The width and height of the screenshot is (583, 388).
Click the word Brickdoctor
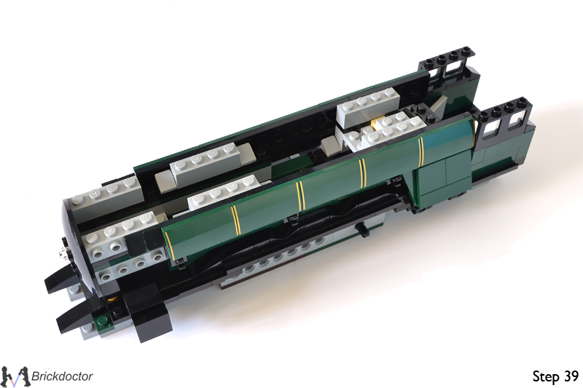[62, 376]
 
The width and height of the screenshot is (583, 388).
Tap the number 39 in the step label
[570, 376]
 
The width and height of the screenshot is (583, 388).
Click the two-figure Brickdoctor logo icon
[15, 376]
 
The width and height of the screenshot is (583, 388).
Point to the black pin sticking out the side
[362, 231]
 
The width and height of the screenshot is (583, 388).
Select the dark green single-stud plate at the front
[102, 319]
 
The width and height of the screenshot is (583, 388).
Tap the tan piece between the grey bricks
[383, 122]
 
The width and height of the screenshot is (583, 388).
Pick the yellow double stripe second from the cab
[362, 171]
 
